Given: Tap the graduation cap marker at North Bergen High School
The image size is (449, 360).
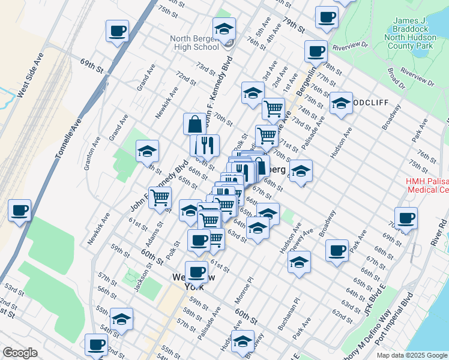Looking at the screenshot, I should tap(224, 29).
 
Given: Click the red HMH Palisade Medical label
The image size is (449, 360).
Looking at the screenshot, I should tap(427, 185).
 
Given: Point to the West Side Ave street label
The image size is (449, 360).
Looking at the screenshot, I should tap(31, 76).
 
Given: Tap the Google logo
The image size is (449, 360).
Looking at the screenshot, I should tap(20, 353).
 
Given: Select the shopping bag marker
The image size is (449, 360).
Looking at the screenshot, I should tap(195, 124).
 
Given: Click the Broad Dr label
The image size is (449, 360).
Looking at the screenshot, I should tap(396, 78).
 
